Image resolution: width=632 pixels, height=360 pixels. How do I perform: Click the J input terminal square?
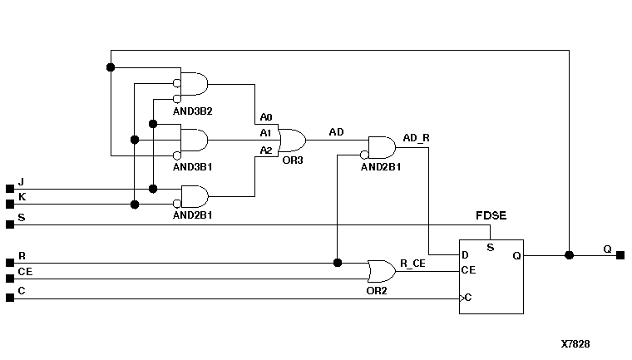(10, 189)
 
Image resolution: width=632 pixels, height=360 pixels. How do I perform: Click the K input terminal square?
(10, 204)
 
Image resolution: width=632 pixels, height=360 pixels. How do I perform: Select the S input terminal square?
(10, 224)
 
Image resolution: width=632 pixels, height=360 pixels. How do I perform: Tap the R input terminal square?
(10, 263)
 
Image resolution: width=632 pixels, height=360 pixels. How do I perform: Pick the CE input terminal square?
(10, 278)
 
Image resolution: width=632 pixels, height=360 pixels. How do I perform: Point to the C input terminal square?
(10, 298)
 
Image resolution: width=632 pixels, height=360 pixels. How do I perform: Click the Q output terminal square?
(620, 255)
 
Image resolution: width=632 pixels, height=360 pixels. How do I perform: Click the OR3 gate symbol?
(292, 139)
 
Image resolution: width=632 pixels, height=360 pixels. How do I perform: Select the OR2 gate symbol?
(381, 270)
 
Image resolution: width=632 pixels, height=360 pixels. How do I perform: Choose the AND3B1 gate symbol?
(195, 140)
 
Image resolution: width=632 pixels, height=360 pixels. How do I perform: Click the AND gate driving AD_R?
(382, 148)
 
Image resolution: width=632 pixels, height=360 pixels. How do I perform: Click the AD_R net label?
(416, 137)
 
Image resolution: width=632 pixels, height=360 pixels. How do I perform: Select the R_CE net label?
(413, 263)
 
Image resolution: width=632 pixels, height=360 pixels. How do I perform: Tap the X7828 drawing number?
(575, 343)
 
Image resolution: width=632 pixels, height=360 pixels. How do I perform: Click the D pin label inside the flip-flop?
(466, 255)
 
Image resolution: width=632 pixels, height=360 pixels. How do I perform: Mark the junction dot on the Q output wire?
(569, 255)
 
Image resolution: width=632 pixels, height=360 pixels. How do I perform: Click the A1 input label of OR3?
(265, 133)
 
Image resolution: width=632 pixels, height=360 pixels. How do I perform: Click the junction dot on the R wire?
(337, 263)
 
